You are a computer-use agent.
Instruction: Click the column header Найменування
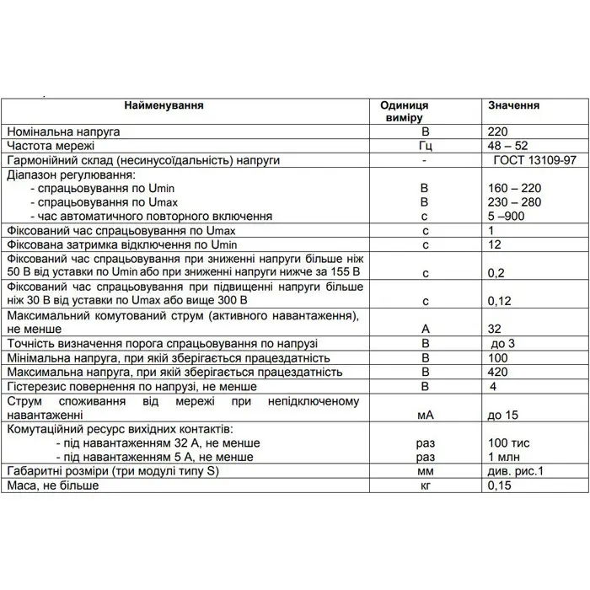point(164,106)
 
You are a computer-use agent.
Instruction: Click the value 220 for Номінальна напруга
point(498,132)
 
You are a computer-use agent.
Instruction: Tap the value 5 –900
point(507,216)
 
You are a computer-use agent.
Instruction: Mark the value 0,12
point(501,300)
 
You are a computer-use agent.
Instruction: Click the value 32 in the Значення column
point(496,329)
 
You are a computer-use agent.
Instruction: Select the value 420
point(498,372)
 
